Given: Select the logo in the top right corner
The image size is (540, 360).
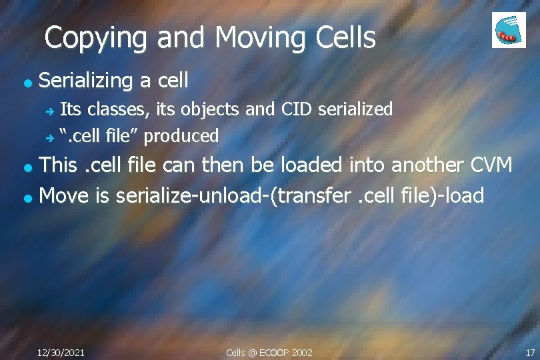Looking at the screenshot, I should click(509, 30).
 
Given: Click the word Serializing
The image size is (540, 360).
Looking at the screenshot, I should click(87, 81).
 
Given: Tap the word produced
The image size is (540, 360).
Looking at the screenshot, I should click(181, 136).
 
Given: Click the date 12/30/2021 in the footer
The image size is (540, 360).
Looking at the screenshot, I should click(61, 352).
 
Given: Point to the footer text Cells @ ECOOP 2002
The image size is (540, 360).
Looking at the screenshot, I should click(269, 352).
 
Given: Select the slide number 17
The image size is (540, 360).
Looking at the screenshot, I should click(530, 352).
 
